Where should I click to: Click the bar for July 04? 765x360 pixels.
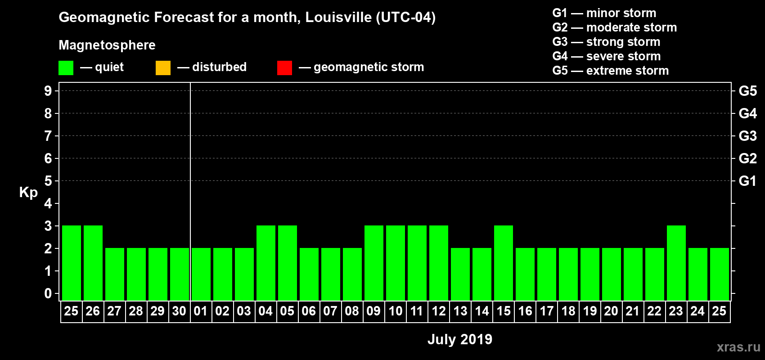click(265, 263)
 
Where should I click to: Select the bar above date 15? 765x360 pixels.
click(503, 263)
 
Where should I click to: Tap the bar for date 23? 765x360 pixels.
click(676, 263)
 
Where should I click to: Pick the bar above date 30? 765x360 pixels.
click(179, 274)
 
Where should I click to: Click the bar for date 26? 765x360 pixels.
click(93, 263)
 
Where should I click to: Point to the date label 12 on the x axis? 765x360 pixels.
click(438, 311)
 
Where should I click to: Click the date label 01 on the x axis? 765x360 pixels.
click(201, 311)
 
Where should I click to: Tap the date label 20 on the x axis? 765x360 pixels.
click(611, 311)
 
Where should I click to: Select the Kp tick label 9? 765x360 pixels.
click(48, 91)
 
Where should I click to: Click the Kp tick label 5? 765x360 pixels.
click(48, 181)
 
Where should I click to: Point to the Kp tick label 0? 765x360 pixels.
click(48, 293)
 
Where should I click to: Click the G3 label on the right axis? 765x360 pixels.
click(747, 136)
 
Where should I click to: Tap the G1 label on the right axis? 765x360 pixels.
click(747, 181)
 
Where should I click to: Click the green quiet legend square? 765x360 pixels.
click(66, 68)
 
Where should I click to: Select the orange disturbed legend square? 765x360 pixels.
click(163, 68)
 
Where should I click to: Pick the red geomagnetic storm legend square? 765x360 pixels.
click(284, 68)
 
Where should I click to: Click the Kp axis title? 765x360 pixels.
click(28, 192)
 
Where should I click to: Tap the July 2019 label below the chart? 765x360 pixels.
click(459, 339)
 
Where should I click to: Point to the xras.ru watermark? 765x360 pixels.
click(738, 347)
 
